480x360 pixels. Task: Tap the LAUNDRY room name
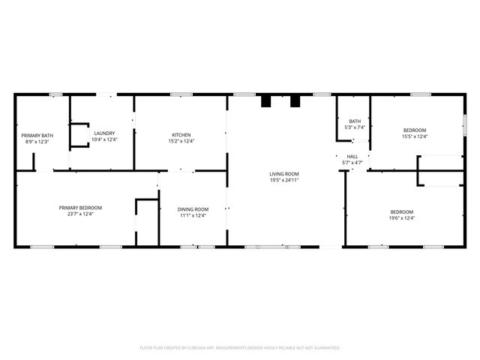pyautogui.click(x=104, y=133)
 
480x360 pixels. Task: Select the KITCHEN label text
pyautogui.click(x=181, y=135)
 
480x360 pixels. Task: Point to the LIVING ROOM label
pyautogui.click(x=284, y=175)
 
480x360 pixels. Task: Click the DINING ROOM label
pyautogui.click(x=193, y=209)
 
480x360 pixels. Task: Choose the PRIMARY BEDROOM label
pyautogui.click(x=80, y=208)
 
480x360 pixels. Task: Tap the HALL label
pyautogui.click(x=352, y=157)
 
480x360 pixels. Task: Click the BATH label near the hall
pyautogui.click(x=355, y=121)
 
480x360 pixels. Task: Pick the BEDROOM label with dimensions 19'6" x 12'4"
pyautogui.click(x=402, y=212)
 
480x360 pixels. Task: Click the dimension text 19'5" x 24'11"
pyautogui.click(x=284, y=181)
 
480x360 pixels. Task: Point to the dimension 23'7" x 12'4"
pyautogui.click(x=80, y=214)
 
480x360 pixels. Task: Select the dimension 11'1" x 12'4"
pyautogui.click(x=193, y=215)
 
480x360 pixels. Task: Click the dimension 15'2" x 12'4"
pyautogui.click(x=181, y=141)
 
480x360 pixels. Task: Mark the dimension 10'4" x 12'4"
pyautogui.click(x=104, y=139)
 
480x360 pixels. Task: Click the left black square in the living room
pyautogui.click(x=265, y=101)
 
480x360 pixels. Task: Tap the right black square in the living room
pyautogui.click(x=295, y=101)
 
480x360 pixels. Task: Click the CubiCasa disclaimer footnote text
pyautogui.click(x=240, y=348)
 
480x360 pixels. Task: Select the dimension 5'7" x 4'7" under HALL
pyautogui.click(x=352, y=163)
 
